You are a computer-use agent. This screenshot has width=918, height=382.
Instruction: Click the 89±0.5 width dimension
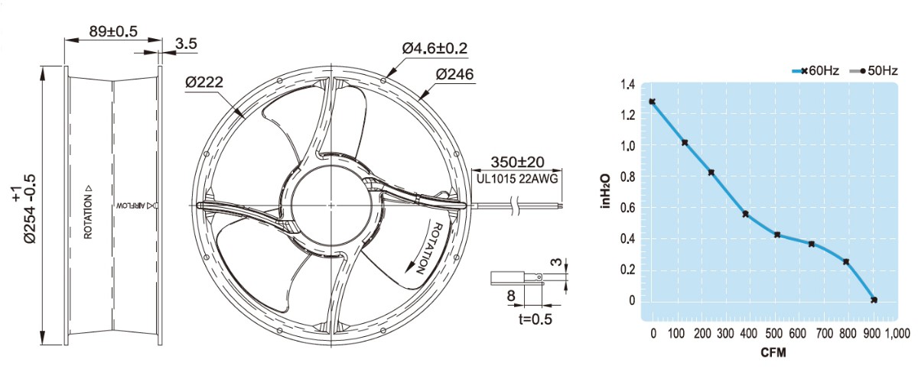(x=113, y=31)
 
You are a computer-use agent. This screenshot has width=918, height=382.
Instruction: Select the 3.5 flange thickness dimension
(x=186, y=44)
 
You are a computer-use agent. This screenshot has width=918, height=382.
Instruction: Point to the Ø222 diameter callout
(x=204, y=83)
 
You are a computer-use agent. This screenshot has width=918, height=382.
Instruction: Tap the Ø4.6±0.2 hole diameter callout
(x=435, y=48)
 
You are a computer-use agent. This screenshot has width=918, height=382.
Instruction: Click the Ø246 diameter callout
(x=454, y=74)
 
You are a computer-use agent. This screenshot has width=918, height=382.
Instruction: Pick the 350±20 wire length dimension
(x=517, y=162)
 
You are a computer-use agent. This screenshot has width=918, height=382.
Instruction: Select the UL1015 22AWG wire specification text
(x=517, y=179)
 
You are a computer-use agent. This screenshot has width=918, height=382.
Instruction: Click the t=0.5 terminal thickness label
(x=535, y=319)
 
